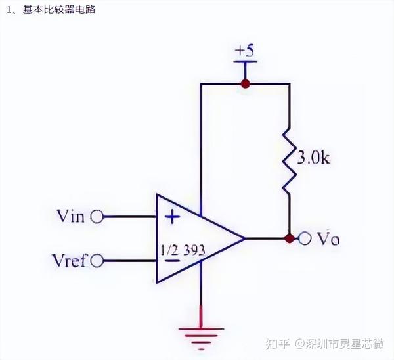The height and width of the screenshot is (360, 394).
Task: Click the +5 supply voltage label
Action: pos(245,51)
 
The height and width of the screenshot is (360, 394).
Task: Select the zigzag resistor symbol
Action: pos(290,161)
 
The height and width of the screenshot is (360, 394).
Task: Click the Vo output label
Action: pos(328,238)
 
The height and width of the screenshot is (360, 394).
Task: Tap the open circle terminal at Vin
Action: pos(97,216)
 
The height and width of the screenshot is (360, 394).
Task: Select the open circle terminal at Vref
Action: pos(98,261)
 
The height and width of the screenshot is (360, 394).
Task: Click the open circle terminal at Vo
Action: pos(305,238)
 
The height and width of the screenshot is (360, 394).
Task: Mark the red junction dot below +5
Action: pos(246,84)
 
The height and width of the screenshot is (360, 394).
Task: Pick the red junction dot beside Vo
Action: pos(290,238)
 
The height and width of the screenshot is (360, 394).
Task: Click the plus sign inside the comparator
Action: pos(172,215)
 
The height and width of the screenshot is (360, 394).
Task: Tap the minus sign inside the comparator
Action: pos(172,260)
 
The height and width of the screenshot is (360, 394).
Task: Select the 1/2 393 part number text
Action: pos(183,250)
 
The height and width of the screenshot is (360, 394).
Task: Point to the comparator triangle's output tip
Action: pos(245,238)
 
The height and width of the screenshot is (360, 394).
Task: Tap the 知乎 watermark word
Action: pos(277,343)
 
